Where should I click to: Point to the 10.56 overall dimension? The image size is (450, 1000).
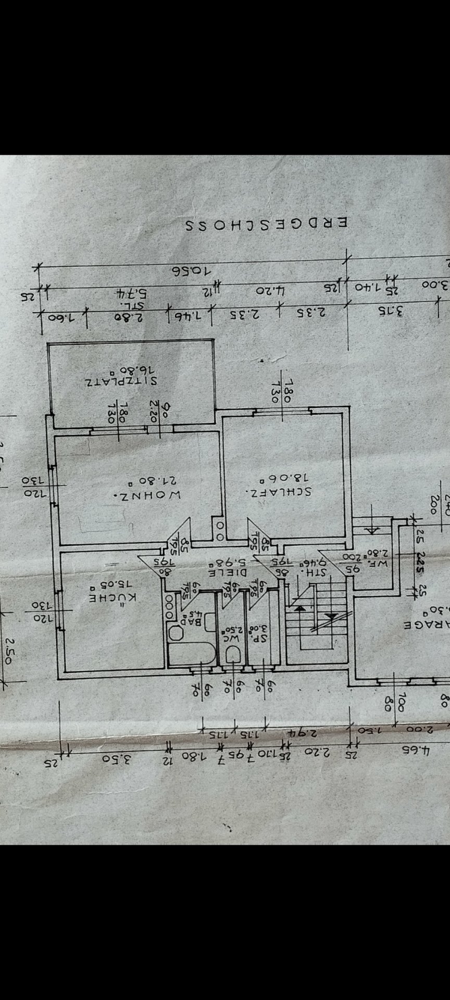point(192,271)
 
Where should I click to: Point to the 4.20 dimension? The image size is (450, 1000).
point(270,290)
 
